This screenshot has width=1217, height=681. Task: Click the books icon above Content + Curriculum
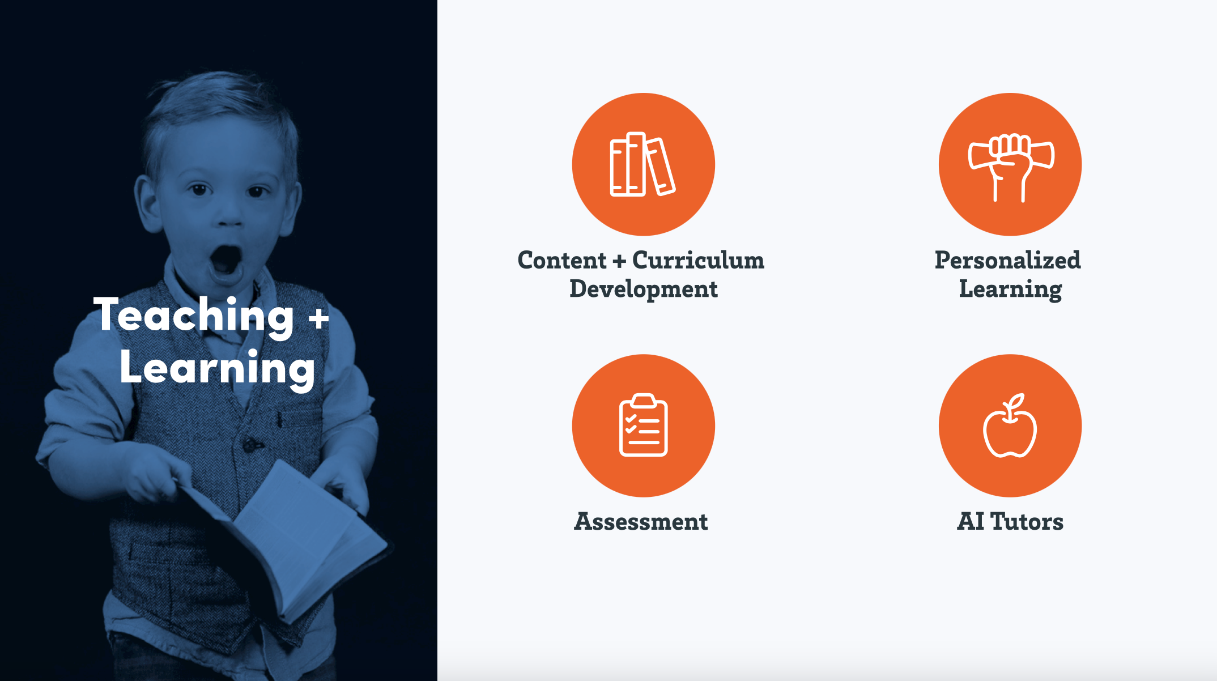(x=642, y=164)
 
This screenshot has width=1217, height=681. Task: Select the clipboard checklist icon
(x=644, y=425)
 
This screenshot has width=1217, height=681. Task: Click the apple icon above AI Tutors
(x=1010, y=425)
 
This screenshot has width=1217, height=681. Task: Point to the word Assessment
(x=641, y=521)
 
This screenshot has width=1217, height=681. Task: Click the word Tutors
(x=1027, y=521)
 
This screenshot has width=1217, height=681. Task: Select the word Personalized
(x=1008, y=260)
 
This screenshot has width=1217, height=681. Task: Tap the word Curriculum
(x=698, y=260)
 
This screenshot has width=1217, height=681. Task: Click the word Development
(x=644, y=290)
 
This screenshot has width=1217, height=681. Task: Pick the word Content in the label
(x=562, y=260)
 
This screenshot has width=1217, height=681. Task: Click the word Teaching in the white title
(x=194, y=316)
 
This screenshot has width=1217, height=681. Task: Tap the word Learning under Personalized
(x=1011, y=290)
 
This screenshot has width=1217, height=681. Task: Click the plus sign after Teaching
(x=318, y=318)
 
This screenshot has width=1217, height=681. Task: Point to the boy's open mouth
(x=225, y=262)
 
